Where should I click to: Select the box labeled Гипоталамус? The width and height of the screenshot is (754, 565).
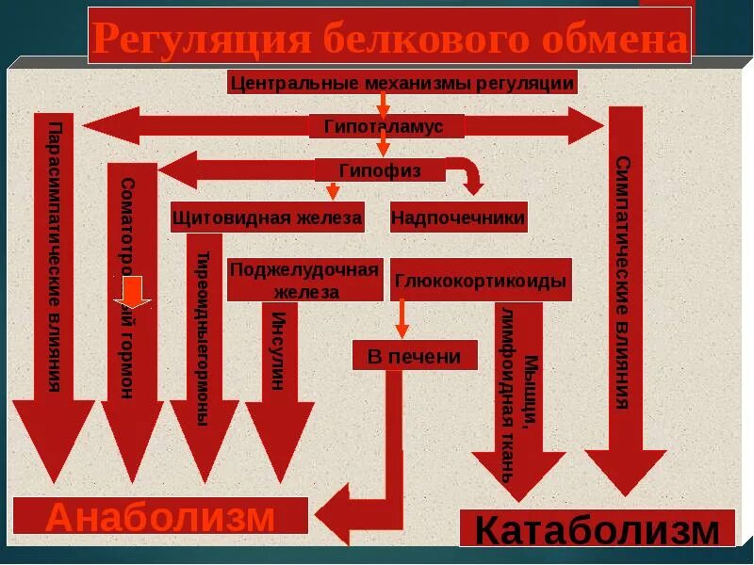386,126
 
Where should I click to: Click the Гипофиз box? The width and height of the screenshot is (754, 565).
380,169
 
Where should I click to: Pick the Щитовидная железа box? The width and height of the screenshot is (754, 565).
267,218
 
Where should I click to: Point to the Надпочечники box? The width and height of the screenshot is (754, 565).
458,218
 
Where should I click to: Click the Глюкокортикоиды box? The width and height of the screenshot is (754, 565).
481,280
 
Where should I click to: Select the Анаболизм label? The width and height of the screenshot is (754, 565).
160,517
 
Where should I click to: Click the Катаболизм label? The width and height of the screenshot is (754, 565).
597,529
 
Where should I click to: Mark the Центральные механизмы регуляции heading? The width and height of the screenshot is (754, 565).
402,83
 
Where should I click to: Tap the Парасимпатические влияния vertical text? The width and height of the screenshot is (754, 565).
55,256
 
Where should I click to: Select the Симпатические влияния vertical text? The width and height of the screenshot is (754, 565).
622,282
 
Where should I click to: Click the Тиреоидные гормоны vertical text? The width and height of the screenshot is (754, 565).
203,339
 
